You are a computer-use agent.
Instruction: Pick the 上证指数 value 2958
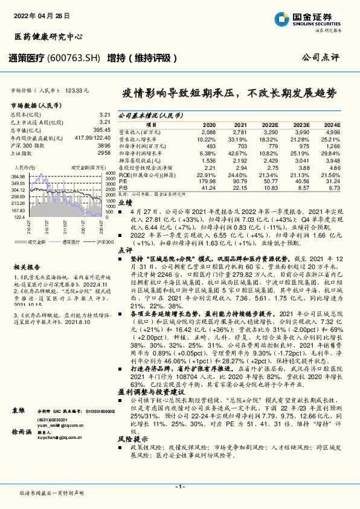104,153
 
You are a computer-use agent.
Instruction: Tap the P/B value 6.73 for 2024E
333,188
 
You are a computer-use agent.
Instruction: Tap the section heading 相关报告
27,267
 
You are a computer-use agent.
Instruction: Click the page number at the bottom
179,486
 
